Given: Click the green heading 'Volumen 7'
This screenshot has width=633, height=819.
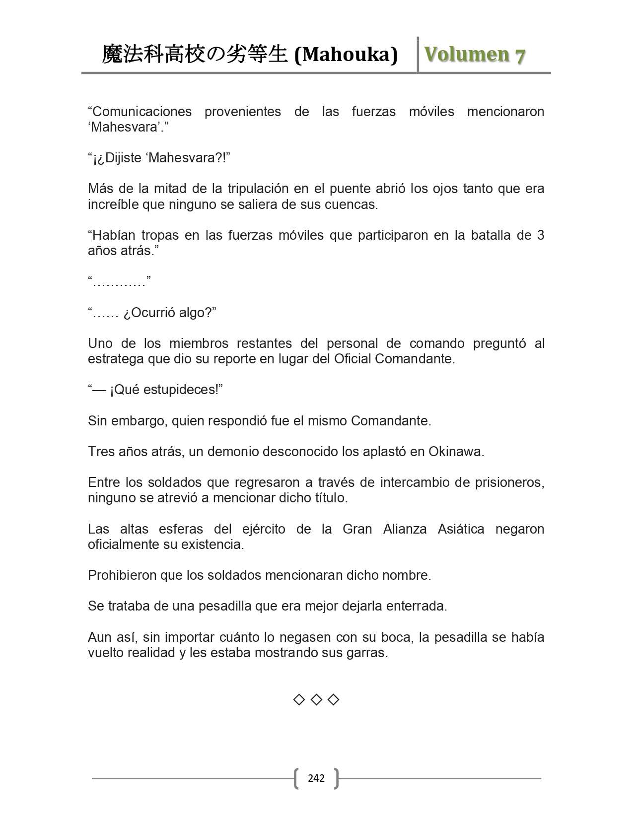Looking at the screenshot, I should click(474, 55).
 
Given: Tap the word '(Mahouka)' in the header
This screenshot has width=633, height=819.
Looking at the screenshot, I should click(346, 55).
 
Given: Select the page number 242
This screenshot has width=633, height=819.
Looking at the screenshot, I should click(316, 778).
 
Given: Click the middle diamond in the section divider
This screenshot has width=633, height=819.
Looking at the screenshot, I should click(316, 700).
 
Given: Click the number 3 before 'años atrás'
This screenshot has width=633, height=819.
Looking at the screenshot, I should click(540, 235).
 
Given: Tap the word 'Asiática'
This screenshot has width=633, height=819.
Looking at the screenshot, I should click(461, 529).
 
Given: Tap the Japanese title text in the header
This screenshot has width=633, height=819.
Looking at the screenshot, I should click(194, 55).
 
